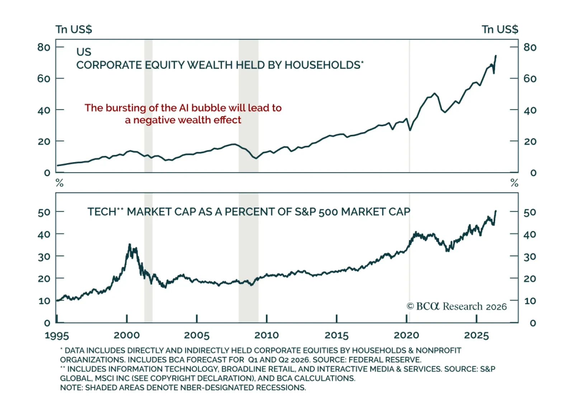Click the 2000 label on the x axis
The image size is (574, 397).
tap(127, 335)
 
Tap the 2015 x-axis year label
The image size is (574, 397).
tap(337, 335)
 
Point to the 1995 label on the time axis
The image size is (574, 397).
tap(57, 335)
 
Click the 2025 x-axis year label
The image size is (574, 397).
tap(477, 335)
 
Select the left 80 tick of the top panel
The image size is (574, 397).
tap(44, 47)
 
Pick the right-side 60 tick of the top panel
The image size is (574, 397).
tap(530, 79)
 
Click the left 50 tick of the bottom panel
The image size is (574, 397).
tap(44, 212)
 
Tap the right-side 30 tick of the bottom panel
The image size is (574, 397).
tap(530, 256)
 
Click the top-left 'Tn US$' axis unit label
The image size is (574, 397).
tap(74, 29)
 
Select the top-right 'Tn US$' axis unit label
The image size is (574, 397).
tap(500, 29)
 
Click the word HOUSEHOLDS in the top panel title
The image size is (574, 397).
tap(323, 65)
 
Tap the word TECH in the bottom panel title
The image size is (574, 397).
tap(102, 212)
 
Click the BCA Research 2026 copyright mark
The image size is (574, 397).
tap(457, 306)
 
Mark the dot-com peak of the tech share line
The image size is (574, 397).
tap(130, 244)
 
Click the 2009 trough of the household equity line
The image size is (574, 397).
tap(256, 158)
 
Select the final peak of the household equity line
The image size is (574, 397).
tap(496, 56)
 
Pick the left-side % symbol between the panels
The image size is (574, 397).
tap(60, 183)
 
